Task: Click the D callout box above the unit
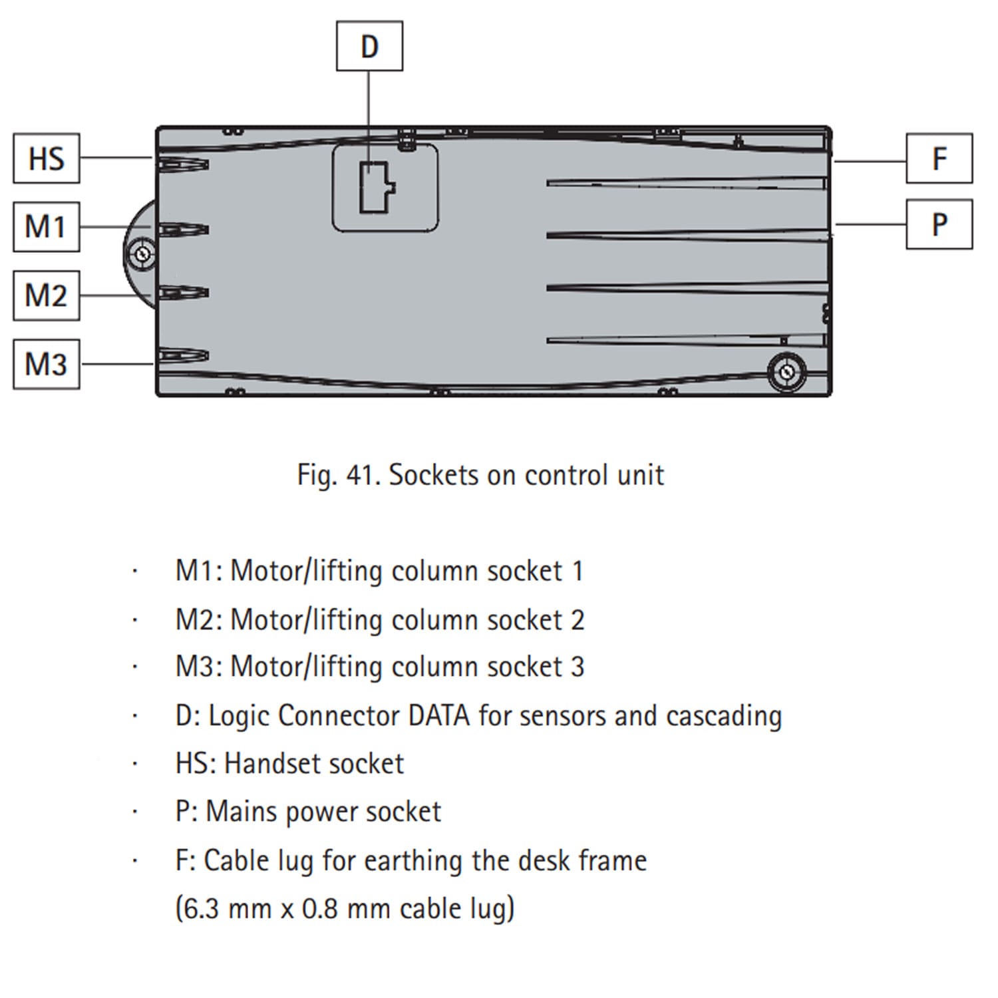coord(369,46)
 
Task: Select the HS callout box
coord(47,158)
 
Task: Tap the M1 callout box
coord(47,227)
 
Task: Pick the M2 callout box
coord(47,295)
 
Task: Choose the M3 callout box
coord(47,364)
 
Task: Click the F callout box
coord(939,158)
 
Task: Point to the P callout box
coord(939,224)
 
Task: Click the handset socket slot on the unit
coord(183,164)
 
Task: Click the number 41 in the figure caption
coord(359,475)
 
